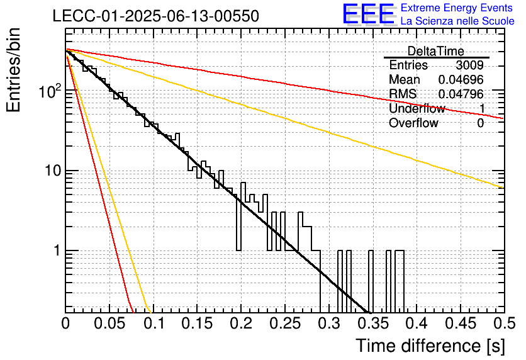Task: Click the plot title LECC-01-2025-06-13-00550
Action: [156, 16]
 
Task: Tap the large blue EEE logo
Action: [369, 14]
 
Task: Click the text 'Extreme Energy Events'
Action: [457, 8]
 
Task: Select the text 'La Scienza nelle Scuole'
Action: [457, 21]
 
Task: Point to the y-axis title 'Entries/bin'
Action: [13, 70]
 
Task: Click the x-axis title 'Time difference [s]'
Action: [430, 346]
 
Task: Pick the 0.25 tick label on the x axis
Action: [285, 323]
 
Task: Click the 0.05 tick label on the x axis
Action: [109, 323]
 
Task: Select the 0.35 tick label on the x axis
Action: [372, 323]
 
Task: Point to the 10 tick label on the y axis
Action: [53, 171]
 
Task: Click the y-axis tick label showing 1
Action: [57, 250]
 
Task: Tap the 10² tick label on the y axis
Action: [50, 91]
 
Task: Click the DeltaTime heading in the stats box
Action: [436, 51]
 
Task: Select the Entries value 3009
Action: [469, 65]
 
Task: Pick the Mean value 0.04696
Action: [461, 79]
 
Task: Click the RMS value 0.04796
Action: [461, 94]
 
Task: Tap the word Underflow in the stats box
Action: [417, 108]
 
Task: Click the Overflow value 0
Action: [480, 123]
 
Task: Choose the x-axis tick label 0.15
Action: [198, 323]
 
